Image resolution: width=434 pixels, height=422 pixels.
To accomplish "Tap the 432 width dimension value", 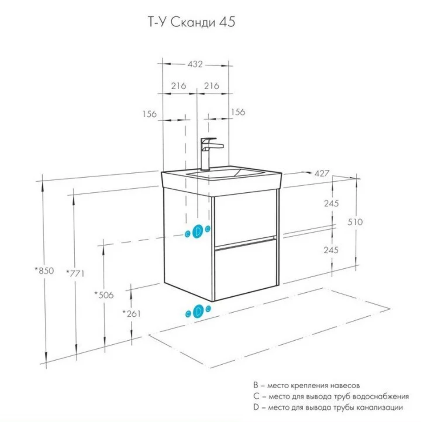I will coord(195,64).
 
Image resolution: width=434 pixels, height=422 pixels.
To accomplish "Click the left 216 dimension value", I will coord(178,86).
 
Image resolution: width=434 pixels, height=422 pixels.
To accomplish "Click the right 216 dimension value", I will coord(211,86).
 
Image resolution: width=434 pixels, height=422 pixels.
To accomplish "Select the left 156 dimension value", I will coord(149,114).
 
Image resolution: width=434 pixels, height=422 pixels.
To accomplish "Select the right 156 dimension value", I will coord(238,112).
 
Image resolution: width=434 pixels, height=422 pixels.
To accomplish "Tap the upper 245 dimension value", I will coord(331,203).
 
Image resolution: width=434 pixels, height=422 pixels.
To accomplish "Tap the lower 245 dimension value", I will coord(331,250).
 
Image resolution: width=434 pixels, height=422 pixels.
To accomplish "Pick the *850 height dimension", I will coord(44,271).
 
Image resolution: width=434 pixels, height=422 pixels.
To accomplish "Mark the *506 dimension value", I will coord(104,294).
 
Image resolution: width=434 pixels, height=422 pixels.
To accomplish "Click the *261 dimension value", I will coord(132,313).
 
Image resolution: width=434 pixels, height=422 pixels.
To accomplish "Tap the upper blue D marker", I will coord(197,231).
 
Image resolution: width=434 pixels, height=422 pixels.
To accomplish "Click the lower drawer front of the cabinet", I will coord(245,268).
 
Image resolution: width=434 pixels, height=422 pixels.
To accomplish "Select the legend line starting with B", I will coord(306,385).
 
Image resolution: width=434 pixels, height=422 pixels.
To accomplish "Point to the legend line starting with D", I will coord(328,407).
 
